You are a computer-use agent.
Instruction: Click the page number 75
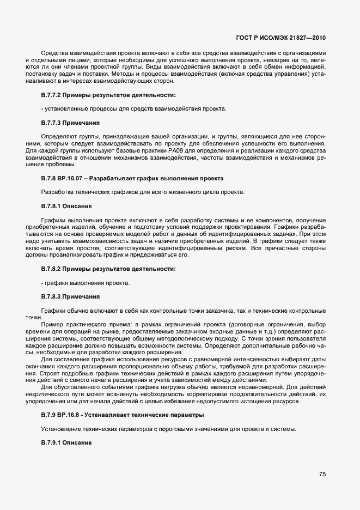pyautogui.click(x=322, y=474)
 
